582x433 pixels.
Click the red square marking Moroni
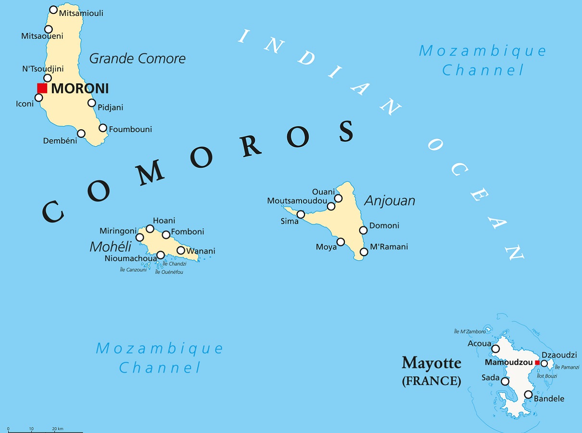pyautogui.click(x=42, y=88)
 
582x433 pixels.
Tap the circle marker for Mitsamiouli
pyautogui.click(x=53, y=10)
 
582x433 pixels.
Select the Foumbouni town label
pyautogui.click(x=130, y=129)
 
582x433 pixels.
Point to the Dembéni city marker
pyautogui.click(x=81, y=133)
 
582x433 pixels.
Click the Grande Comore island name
pyautogui.click(x=137, y=59)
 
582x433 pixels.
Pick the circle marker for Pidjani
pyautogui.click(x=91, y=102)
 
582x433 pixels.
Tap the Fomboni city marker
pyautogui.click(x=166, y=235)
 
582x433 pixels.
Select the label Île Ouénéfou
pyautogui.click(x=169, y=272)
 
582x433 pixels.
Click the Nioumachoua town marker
pyautogui.click(x=161, y=255)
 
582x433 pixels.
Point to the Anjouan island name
pyautogui.click(x=390, y=201)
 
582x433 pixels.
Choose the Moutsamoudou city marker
pyautogui.click(x=331, y=206)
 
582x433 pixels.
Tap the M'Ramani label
pyautogui.click(x=389, y=247)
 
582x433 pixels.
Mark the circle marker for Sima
pyautogui.click(x=301, y=215)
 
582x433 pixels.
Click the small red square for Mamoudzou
pyautogui.click(x=537, y=363)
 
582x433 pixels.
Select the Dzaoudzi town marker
pyautogui.click(x=544, y=363)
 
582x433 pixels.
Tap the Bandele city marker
pyautogui.click(x=528, y=395)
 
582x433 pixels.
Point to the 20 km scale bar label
pyautogui.click(x=57, y=429)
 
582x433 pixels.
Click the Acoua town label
pyautogui.click(x=479, y=344)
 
